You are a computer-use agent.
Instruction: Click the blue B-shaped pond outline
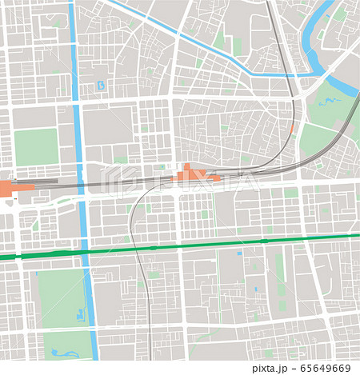point(100,85)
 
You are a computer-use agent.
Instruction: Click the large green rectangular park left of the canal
point(36,147)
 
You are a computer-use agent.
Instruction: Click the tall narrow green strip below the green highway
point(280,268)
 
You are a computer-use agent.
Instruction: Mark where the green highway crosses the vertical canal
point(85,251)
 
